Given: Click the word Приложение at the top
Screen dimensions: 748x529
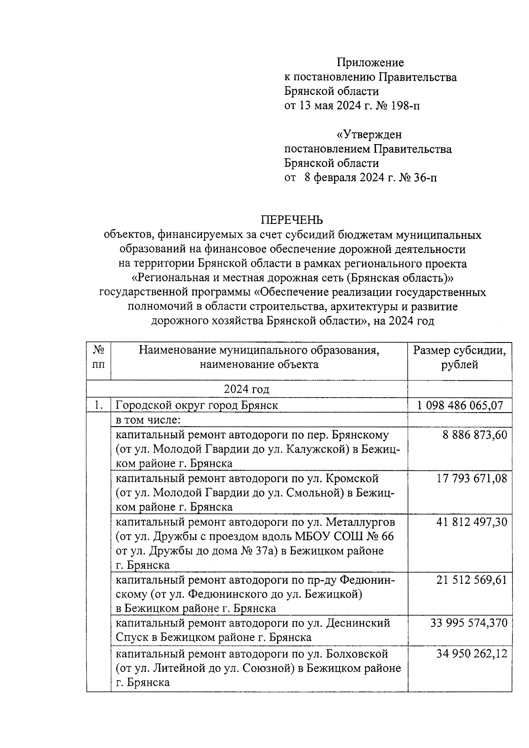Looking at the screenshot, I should (x=370, y=63).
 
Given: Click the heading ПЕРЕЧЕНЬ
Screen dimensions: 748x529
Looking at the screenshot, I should (x=292, y=220).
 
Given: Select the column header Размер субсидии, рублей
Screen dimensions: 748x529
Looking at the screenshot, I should (x=459, y=357).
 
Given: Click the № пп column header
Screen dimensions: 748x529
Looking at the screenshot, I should (x=99, y=357).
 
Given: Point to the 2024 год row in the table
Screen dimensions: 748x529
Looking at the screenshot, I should (x=246, y=389).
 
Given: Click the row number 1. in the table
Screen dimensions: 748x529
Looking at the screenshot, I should (x=99, y=405).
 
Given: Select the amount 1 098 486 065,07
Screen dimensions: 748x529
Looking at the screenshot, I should (x=460, y=405).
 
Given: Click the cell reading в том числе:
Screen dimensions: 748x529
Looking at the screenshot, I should (x=148, y=420).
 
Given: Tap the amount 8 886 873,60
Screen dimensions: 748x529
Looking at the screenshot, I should (x=475, y=435).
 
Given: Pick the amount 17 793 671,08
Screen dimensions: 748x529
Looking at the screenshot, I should (x=472, y=478).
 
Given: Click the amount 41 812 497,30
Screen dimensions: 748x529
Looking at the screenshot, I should (x=472, y=522).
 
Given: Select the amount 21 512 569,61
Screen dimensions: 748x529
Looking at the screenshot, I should (x=472, y=580).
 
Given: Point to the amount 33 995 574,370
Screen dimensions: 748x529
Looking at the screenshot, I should (x=469, y=623).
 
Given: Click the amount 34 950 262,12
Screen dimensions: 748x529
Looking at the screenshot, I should (x=472, y=653).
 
